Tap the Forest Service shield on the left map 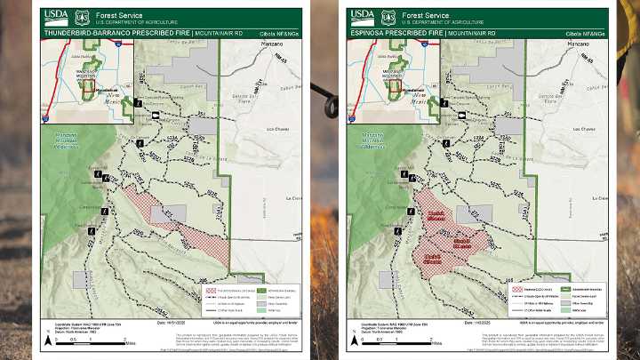83,16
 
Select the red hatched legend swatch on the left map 212,290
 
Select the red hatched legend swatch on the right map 516,290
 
